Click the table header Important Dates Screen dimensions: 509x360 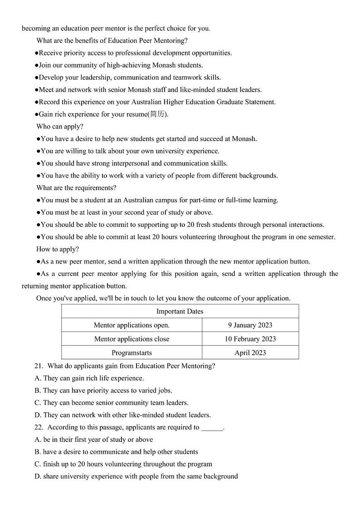(x=180, y=311)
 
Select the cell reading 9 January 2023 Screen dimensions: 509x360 (x=250, y=325)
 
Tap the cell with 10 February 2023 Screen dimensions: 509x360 (x=250, y=339)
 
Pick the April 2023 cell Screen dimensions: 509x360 (x=250, y=352)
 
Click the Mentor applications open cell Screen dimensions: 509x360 (x=131, y=325)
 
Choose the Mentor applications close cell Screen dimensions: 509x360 (x=131, y=339)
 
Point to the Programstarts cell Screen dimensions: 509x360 (x=131, y=352)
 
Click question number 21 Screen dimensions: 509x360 (x=39, y=366)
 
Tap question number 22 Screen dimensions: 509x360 (x=39, y=427)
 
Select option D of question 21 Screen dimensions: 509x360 (x=122, y=415)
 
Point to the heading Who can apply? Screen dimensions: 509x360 (x=60, y=127)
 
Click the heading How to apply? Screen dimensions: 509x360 (x=58, y=249)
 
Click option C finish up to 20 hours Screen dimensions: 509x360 (x=123, y=464)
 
